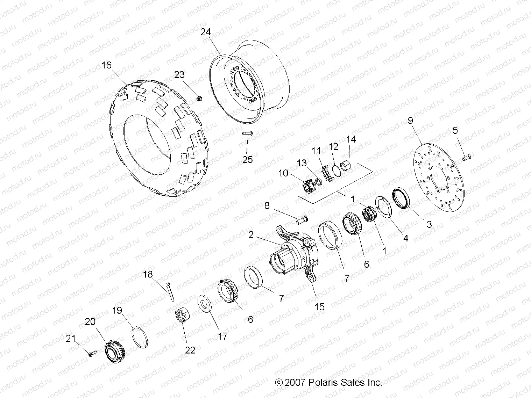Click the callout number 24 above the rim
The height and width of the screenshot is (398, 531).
pos(206,32)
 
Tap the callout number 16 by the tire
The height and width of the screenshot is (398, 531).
pos(106,65)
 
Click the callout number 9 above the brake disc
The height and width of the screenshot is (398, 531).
pos(410,121)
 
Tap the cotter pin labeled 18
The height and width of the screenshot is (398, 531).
pos(170,291)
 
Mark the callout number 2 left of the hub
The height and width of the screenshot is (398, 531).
pos(251,235)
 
